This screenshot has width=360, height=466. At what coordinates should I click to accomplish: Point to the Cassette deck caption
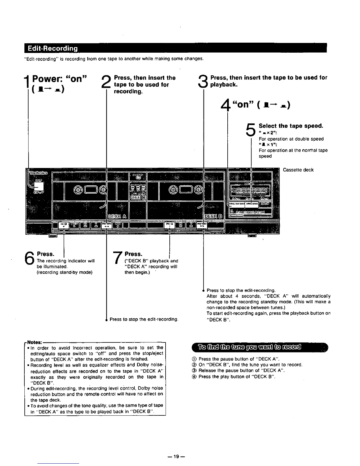[x=298, y=170]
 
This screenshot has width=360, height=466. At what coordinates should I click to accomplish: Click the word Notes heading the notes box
[x=34, y=342]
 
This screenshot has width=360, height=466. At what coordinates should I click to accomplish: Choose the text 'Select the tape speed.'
[x=291, y=126]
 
